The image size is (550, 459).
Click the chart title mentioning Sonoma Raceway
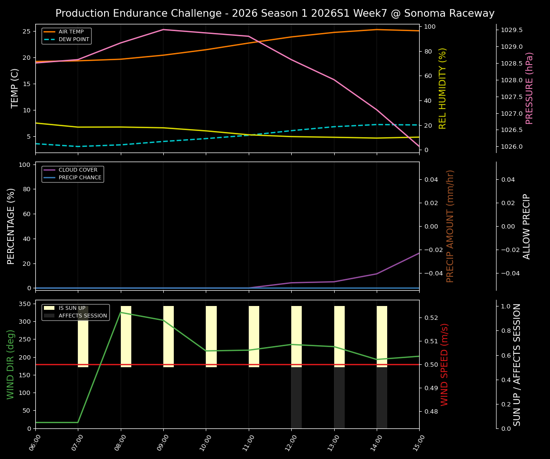(275, 13)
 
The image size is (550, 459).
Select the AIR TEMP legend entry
(71, 32)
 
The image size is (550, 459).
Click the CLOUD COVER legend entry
(78, 170)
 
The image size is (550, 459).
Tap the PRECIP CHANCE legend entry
(80, 178)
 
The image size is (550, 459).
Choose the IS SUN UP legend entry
(72, 308)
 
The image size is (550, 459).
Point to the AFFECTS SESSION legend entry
(82, 316)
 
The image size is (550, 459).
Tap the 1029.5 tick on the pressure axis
(511, 30)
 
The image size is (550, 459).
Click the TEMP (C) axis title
(15, 88)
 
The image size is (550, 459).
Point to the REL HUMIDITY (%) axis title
(443, 88)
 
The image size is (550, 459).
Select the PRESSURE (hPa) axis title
(529, 88)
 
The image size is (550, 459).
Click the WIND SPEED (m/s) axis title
(444, 364)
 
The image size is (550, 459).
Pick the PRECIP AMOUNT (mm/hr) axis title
(450, 226)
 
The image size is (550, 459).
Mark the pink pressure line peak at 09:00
(163, 30)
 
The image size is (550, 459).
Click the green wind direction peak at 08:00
(121, 312)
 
